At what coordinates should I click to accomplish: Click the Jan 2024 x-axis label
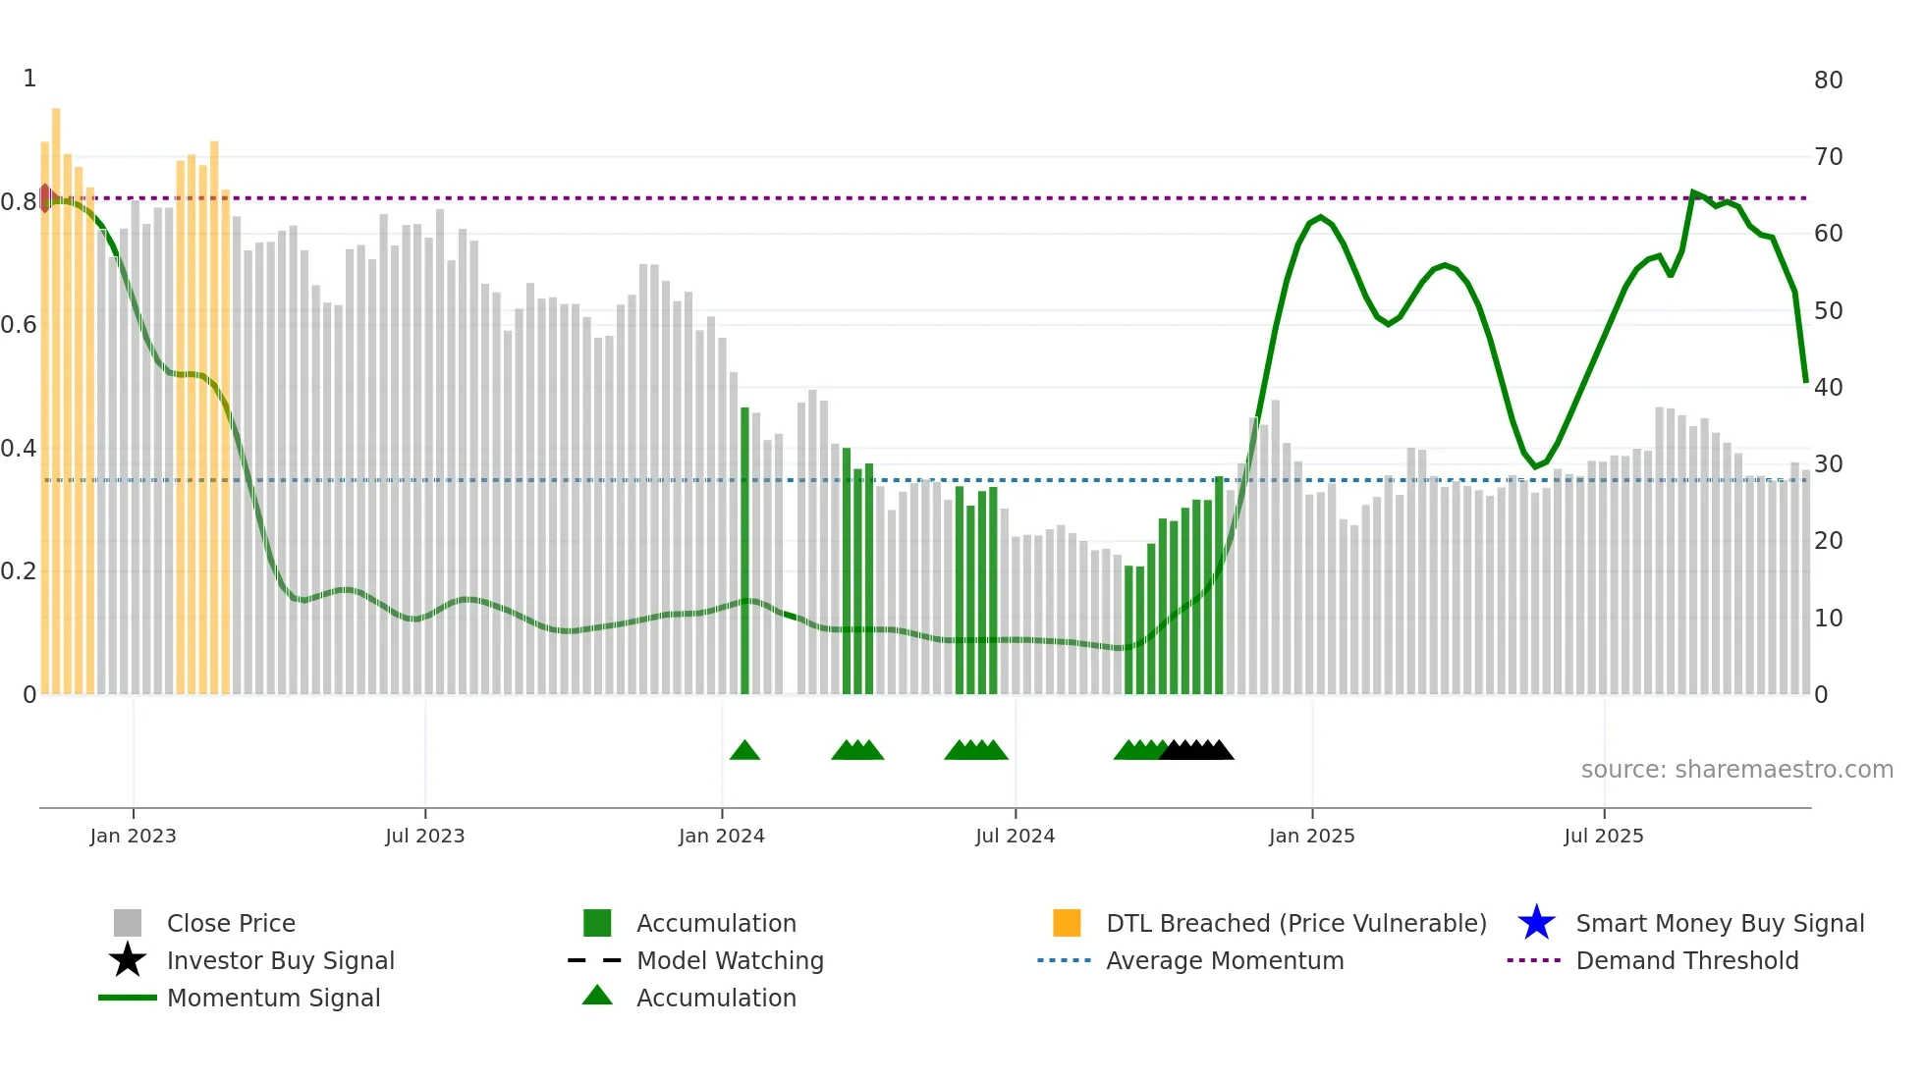(721, 837)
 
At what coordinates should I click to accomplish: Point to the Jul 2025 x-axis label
(1603, 837)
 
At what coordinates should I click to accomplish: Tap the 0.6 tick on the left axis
(19, 325)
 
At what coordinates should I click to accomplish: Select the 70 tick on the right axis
(1828, 157)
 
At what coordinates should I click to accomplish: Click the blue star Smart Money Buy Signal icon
(1536, 923)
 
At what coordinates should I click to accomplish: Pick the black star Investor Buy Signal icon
(128, 960)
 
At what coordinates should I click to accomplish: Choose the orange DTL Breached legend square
(1067, 923)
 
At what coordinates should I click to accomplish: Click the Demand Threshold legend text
(1686, 960)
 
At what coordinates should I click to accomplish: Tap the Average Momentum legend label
(1225, 960)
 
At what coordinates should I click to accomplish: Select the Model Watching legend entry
(730, 960)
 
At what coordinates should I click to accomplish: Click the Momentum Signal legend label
(273, 998)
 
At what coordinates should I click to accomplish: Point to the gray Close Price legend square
(128, 923)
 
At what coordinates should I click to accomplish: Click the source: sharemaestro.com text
(1736, 770)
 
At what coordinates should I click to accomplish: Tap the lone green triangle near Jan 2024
(744, 751)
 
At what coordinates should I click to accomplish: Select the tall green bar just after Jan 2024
(744, 550)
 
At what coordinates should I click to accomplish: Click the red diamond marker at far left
(45, 197)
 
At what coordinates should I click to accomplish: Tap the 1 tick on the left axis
(29, 79)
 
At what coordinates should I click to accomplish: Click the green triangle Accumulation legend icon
(597, 997)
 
